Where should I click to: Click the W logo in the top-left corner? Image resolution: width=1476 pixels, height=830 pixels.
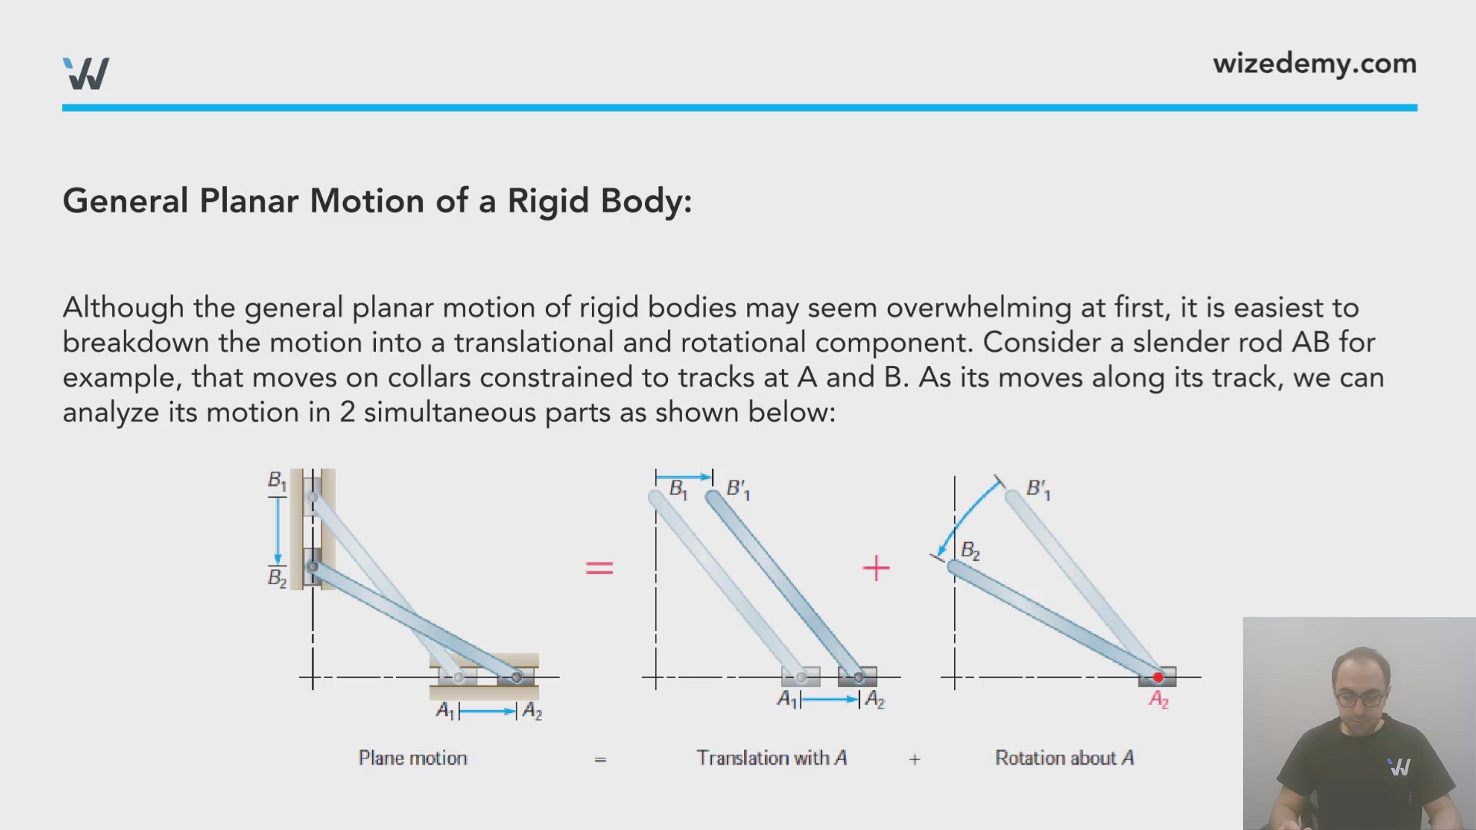pyautogui.click(x=86, y=73)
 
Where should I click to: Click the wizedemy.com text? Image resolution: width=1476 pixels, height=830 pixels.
pyautogui.click(x=1315, y=64)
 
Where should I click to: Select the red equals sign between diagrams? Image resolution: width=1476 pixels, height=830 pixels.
pyautogui.click(x=600, y=568)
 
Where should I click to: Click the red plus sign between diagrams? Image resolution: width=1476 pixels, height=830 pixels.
pyautogui.click(x=876, y=569)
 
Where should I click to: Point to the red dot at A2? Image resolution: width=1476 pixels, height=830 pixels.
pyautogui.click(x=1158, y=677)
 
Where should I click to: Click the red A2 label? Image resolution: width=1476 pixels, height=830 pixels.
pyautogui.click(x=1159, y=699)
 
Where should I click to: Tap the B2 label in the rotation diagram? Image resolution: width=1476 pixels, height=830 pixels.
pyautogui.click(x=971, y=551)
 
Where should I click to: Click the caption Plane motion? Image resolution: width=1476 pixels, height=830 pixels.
pyautogui.click(x=413, y=758)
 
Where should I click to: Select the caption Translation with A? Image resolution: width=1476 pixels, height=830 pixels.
pyautogui.click(x=772, y=758)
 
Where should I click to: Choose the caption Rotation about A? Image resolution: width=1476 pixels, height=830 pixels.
pyautogui.click(x=1065, y=758)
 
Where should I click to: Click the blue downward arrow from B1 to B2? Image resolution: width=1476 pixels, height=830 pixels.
pyautogui.click(x=278, y=531)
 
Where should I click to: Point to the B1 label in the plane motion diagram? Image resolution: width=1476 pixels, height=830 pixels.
pyautogui.click(x=277, y=481)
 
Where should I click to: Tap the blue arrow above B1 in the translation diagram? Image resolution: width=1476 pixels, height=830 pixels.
pyautogui.click(x=684, y=477)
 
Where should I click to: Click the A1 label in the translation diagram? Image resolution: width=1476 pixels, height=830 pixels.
pyautogui.click(x=787, y=699)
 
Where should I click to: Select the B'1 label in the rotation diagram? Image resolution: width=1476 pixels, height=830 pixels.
pyautogui.click(x=1039, y=490)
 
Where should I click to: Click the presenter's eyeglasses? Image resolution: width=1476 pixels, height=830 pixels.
pyautogui.click(x=1361, y=699)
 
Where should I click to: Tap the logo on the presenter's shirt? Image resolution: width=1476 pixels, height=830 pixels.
pyautogui.click(x=1400, y=767)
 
